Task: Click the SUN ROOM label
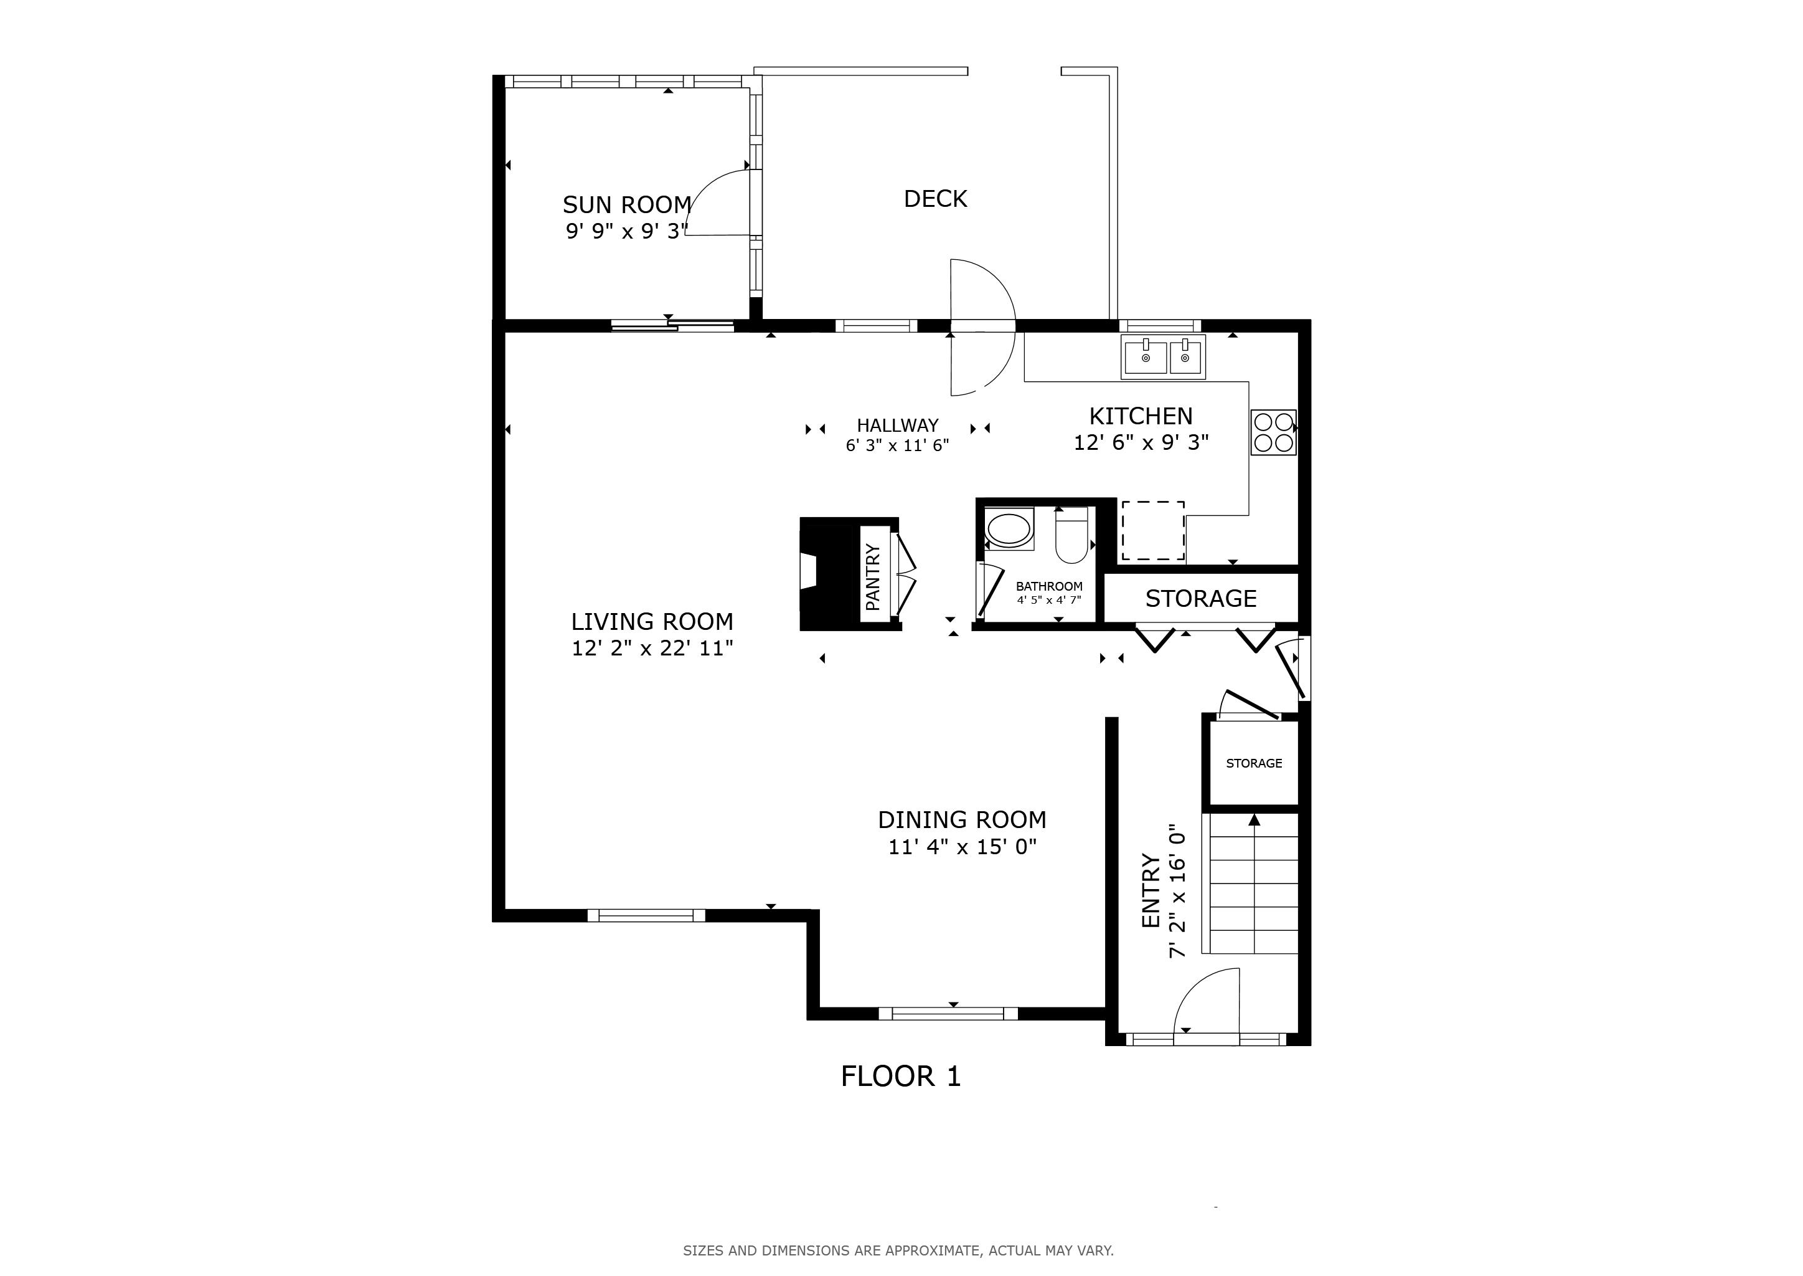627,205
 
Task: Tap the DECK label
935,199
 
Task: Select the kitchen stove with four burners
1274,432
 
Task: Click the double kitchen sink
1163,358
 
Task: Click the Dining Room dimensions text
963,847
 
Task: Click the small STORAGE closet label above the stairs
1254,763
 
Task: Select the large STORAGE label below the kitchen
1201,599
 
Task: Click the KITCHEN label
1141,416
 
